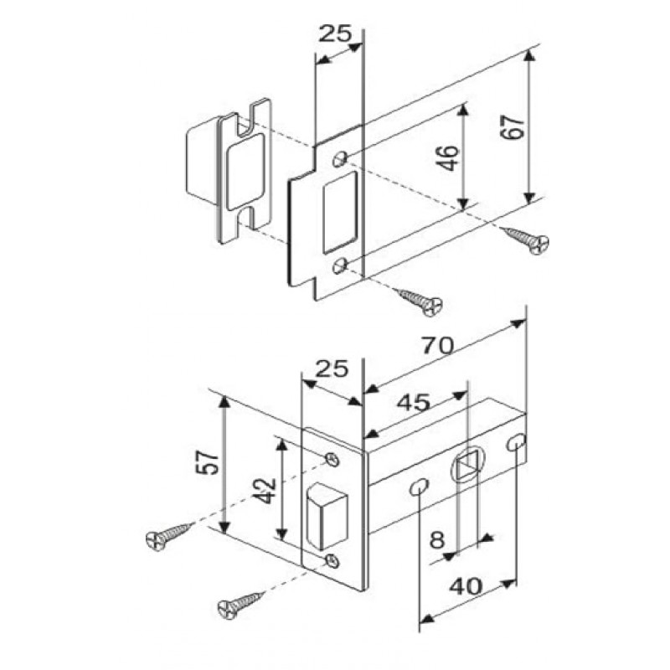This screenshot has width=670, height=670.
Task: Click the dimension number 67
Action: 513,127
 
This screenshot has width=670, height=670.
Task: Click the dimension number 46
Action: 449,157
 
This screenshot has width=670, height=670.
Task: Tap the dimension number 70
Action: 437,345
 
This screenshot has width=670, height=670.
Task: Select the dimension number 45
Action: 413,403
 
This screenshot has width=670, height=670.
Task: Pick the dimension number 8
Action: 437,539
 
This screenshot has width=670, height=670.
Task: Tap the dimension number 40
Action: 466,587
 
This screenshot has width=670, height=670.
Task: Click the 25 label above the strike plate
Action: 336,33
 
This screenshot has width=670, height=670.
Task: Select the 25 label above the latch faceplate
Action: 332,368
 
